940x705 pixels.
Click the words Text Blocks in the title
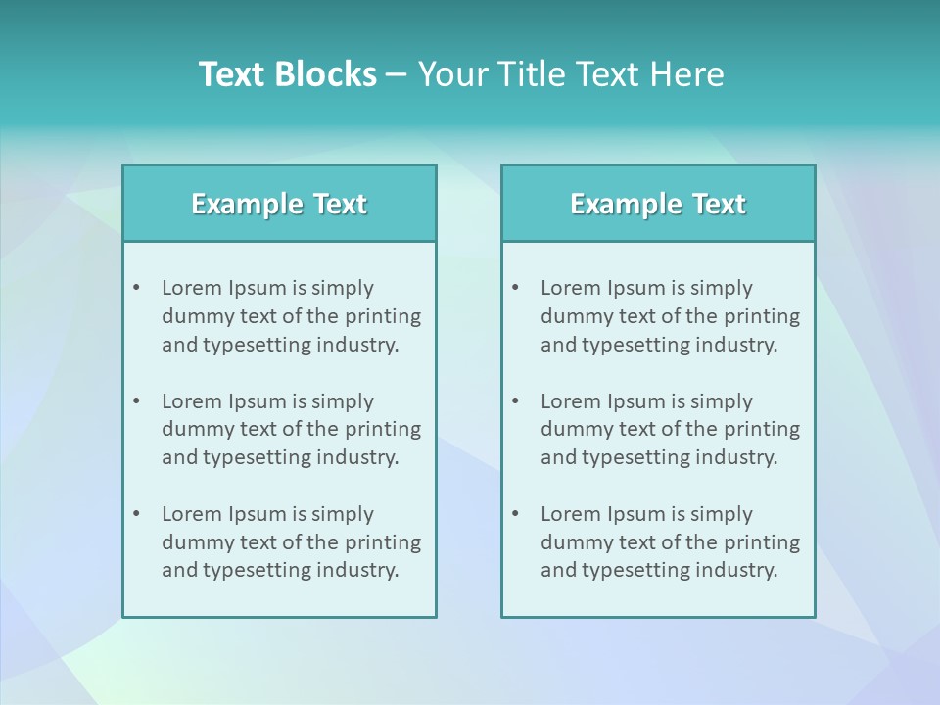(288, 74)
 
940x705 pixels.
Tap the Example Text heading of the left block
(279, 204)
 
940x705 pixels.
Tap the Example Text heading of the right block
(658, 204)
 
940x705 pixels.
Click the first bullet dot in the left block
(137, 288)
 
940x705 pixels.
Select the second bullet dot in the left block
(137, 401)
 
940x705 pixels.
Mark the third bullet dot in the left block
(137, 514)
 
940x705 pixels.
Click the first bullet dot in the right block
(516, 288)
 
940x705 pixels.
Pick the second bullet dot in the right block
(516, 401)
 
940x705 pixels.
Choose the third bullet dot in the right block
(516, 514)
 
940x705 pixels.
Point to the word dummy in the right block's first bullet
(573, 316)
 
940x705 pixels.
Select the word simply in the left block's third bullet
(343, 514)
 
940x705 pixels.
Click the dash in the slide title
(397, 74)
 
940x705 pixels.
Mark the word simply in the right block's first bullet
(722, 288)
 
